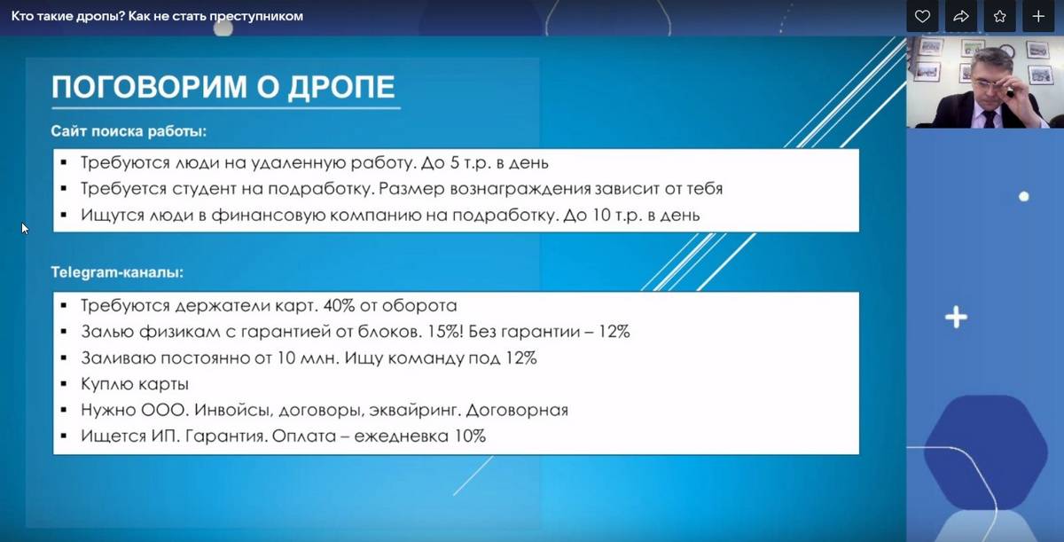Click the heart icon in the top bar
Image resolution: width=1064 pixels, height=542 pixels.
[922, 17]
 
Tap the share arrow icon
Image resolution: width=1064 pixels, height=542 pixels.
[961, 17]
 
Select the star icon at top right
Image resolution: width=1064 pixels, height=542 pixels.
[1000, 17]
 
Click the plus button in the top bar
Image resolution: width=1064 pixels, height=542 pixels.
[1038, 17]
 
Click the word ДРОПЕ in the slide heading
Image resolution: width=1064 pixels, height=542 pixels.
[341, 87]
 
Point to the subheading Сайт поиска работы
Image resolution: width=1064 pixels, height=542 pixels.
[129, 131]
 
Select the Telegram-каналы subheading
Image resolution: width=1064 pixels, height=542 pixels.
[117, 272]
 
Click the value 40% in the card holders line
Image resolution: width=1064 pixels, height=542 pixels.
[339, 305]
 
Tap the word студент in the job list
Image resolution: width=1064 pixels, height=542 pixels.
[204, 189]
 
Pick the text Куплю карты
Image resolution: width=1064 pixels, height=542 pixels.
[135, 384]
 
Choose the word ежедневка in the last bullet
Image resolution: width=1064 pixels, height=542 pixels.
[401, 436]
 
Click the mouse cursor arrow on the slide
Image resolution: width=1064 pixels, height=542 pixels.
[25, 229]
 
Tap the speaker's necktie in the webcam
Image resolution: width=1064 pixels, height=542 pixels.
[990, 119]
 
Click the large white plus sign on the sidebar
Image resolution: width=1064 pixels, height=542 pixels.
[956, 318]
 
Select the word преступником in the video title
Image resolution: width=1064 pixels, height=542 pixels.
[256, 16]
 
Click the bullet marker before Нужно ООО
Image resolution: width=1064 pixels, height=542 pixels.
[64, 410]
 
